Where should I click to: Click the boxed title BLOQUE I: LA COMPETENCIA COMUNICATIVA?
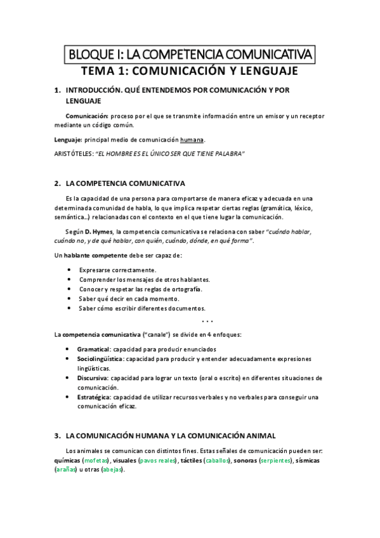(190, 55)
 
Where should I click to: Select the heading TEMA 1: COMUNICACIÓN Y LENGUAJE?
(190, 71)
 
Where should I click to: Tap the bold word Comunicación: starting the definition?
(87, 117)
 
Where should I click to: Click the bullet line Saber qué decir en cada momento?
(129, 299)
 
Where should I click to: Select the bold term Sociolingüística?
(100, 359)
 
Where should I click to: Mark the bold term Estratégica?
(93, 397)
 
